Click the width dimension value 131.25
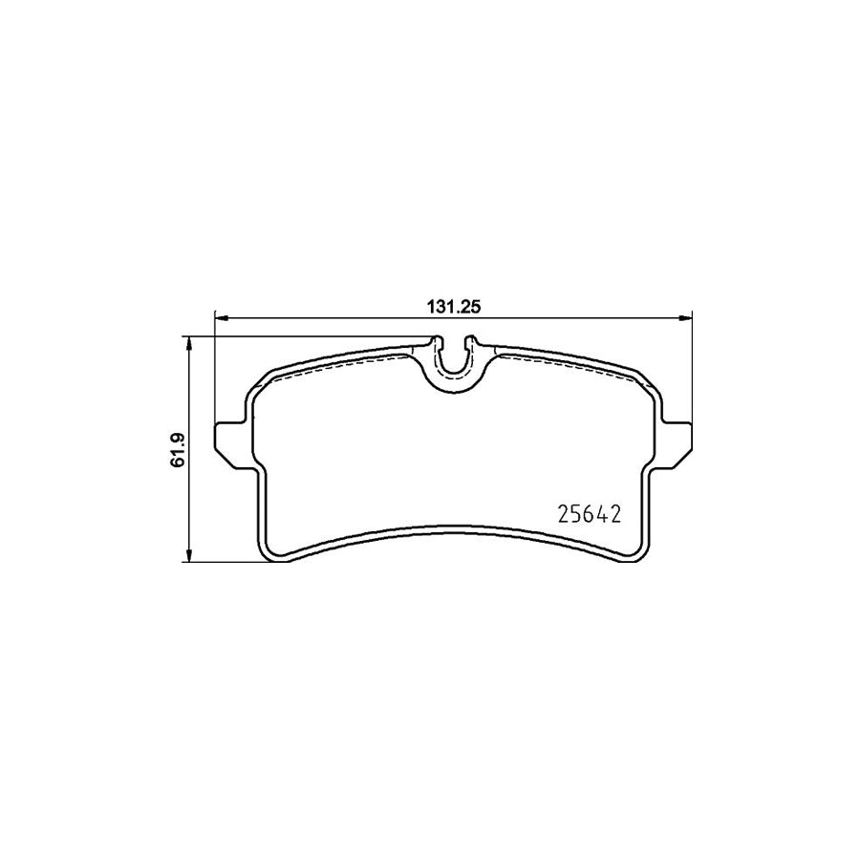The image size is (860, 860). (x=451, y=307)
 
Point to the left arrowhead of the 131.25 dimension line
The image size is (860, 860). (x=219, y=316)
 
